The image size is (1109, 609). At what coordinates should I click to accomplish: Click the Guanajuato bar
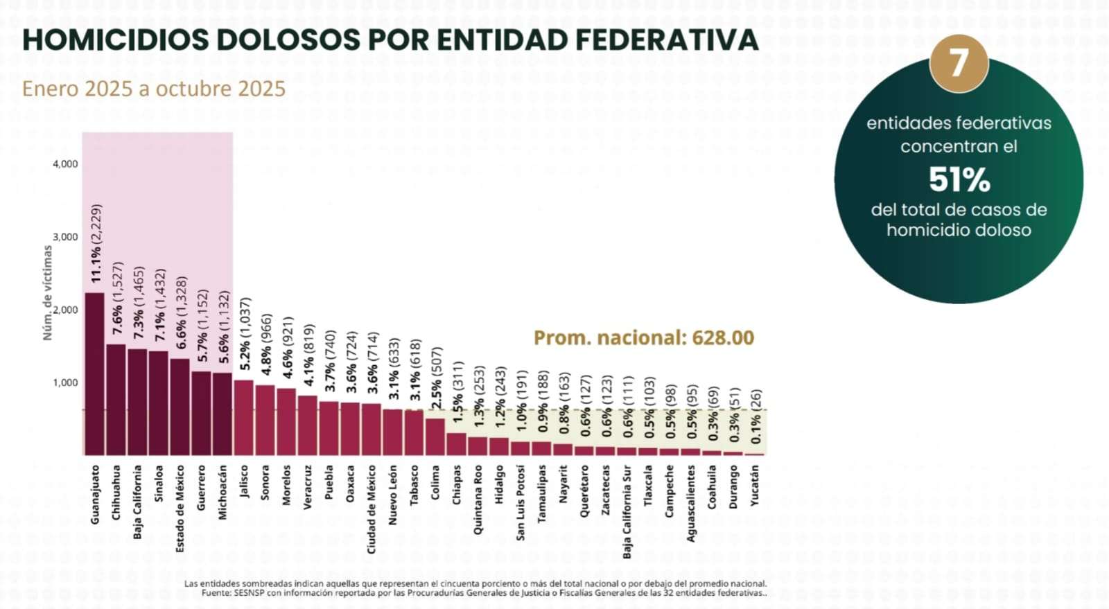point(94,374)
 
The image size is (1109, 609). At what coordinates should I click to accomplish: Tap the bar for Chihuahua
point(116,400)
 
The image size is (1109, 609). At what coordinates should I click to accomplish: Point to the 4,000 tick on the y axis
point(65,164)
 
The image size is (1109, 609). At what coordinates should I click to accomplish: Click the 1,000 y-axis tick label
point(65,382)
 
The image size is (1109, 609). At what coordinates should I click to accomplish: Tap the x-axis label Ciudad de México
point(372,509)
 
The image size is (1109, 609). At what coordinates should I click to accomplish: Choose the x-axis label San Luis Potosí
point(521,502)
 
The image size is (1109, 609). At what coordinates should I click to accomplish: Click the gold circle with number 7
point(959,64)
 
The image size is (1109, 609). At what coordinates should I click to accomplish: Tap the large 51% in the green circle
point(959,180)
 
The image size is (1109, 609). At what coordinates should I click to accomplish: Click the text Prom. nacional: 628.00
point(643,338)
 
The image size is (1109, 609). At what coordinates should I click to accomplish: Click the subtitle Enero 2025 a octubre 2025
point(154,89)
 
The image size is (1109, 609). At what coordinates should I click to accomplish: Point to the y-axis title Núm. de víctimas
point(48,292)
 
